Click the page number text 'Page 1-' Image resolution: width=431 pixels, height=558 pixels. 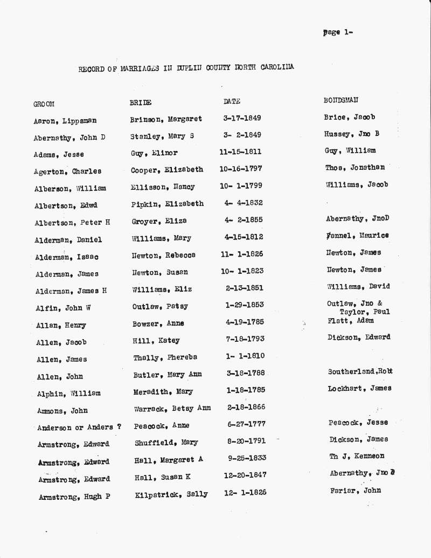coord(338,32)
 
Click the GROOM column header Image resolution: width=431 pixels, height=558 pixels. coord(44,104)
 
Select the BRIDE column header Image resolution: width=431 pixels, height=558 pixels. coord(140,102)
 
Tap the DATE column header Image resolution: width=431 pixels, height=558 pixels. coord(232,101)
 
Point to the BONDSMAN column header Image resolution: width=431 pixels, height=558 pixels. coord(340,100)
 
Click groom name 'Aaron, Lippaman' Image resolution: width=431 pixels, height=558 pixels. coord(65,121)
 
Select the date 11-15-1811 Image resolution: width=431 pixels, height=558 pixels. coord(240,153)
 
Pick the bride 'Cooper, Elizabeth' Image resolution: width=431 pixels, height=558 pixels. coord(167,169)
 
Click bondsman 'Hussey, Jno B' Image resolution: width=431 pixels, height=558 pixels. coord(351,134)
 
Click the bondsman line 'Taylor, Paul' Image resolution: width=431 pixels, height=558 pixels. coord(365,312)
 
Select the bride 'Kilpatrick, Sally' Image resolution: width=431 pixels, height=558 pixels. coord(171,494)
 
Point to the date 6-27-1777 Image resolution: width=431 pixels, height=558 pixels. coord(246,424)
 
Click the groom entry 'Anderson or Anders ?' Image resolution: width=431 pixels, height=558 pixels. coord(79,428)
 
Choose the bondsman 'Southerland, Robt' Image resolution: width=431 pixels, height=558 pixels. coord(360,371)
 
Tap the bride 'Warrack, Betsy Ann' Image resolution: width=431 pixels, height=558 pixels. coord(172,408)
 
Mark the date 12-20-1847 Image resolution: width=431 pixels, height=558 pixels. coord(245,475)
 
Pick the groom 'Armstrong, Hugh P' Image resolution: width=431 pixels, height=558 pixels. coord(74,497)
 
